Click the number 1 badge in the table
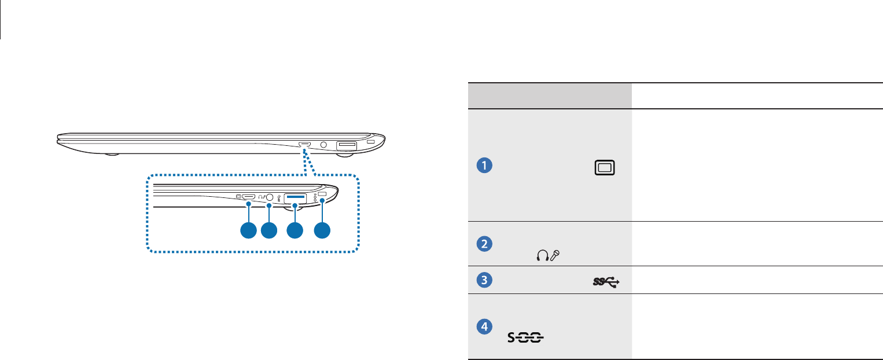point(484,166)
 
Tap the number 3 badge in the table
point(484,281)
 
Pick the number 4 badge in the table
point(484,326)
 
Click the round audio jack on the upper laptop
point(323,144)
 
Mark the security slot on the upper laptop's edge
point(371,142)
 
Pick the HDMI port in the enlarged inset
point(249,197)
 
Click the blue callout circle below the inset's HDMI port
point(248,230)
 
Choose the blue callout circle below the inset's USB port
point(295,230)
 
